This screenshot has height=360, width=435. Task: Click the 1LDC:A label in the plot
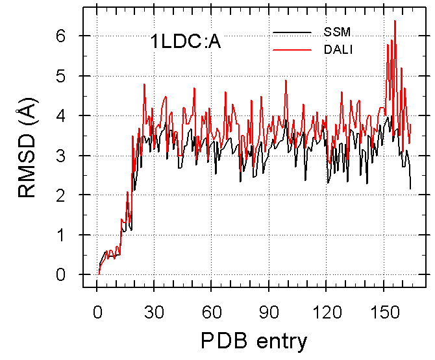185,47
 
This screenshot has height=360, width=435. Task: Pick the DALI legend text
338,49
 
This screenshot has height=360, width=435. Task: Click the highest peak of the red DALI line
395,21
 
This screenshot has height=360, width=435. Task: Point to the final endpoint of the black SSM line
410,189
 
